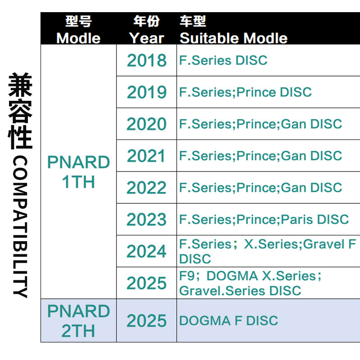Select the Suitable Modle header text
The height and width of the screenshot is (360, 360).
coord(234,38)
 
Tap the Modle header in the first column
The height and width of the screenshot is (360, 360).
coord(78,38)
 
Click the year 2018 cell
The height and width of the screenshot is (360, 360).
coord(147,60)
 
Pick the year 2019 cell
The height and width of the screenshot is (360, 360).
coord(147,92)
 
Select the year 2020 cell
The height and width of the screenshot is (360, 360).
coord(147,124)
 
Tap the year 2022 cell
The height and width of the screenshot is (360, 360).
coord(147,188)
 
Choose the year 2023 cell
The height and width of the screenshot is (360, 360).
coord(147,220)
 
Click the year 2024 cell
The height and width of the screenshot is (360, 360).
coord(147,251)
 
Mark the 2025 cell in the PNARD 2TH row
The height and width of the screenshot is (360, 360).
coord(147,321)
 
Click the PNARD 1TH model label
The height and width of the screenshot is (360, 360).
coord(78,172)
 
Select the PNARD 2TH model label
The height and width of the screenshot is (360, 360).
coord(78,321)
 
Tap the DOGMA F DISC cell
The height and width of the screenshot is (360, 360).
coord(229,321)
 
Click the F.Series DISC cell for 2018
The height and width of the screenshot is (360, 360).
coord(223,60)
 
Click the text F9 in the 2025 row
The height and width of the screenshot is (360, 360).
coord(187,276)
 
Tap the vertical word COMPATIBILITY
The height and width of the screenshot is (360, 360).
coord(20,227)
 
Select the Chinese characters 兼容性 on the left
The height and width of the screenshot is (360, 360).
coord(20,111)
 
